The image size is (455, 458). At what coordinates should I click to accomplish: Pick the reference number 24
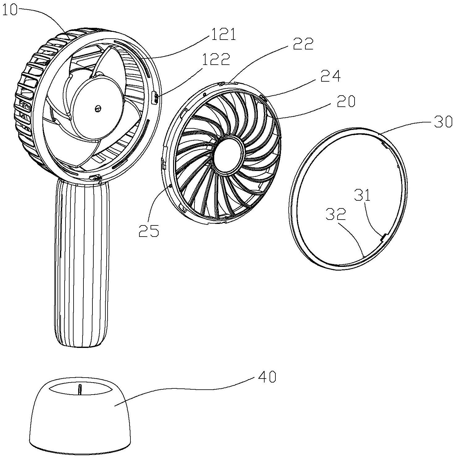(x=330, y=76)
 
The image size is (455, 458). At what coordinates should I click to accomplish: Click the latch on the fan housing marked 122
(x=156, y=98)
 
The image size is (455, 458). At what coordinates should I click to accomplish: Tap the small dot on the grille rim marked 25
(x=171, y=186)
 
